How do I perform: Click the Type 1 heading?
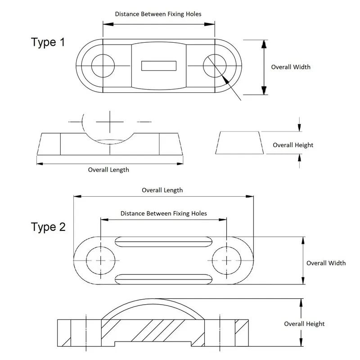coord(48,42)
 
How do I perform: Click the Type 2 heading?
coord(48,227)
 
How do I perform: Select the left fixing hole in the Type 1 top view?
coord(103,66)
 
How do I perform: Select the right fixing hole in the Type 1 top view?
coord(214,66)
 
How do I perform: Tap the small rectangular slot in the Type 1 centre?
coord(159,66)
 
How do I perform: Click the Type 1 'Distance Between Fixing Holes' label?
coord(158,14)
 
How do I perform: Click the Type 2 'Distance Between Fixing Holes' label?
coord(164,213)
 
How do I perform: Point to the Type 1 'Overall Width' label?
coord(290,67)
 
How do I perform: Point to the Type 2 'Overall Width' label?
coord(326,263)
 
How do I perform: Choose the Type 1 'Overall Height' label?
coord(293,145)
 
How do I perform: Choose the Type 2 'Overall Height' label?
coord(304,324)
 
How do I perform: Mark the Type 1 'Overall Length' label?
coord(108,170)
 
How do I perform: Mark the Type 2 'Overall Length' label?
coord(162,190)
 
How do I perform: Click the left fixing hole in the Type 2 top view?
coord(100,261)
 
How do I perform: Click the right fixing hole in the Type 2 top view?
coord(225,261)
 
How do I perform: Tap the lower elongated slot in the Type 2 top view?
coord(163,278)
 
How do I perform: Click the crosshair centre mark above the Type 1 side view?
coord(109,121)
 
